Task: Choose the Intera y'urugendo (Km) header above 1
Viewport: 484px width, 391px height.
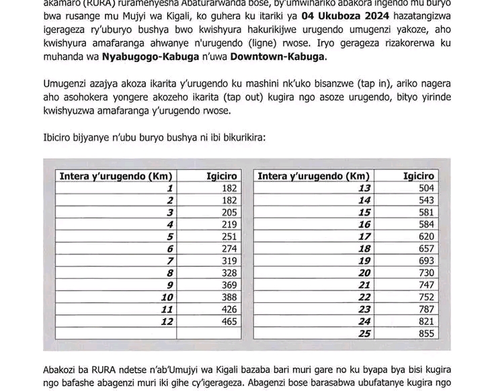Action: [112, 176]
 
